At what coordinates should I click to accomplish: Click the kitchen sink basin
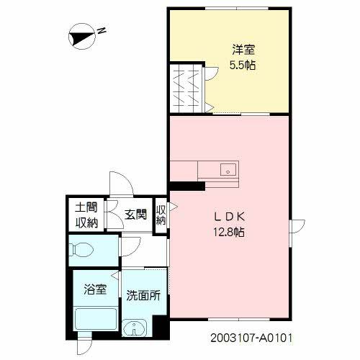click(228, 171)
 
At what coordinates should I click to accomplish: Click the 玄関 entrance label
click(135, 215)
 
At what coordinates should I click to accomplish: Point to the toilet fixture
click(82, 251)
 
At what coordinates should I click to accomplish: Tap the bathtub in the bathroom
click(95, 319)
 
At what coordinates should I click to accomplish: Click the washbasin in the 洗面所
click(134, 330)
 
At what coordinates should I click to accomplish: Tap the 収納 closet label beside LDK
click(161, 215)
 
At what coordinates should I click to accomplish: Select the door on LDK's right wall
click(294, 228)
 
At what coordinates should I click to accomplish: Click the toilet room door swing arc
click(130, 247)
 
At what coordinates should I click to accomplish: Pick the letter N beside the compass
click(102, 30)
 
